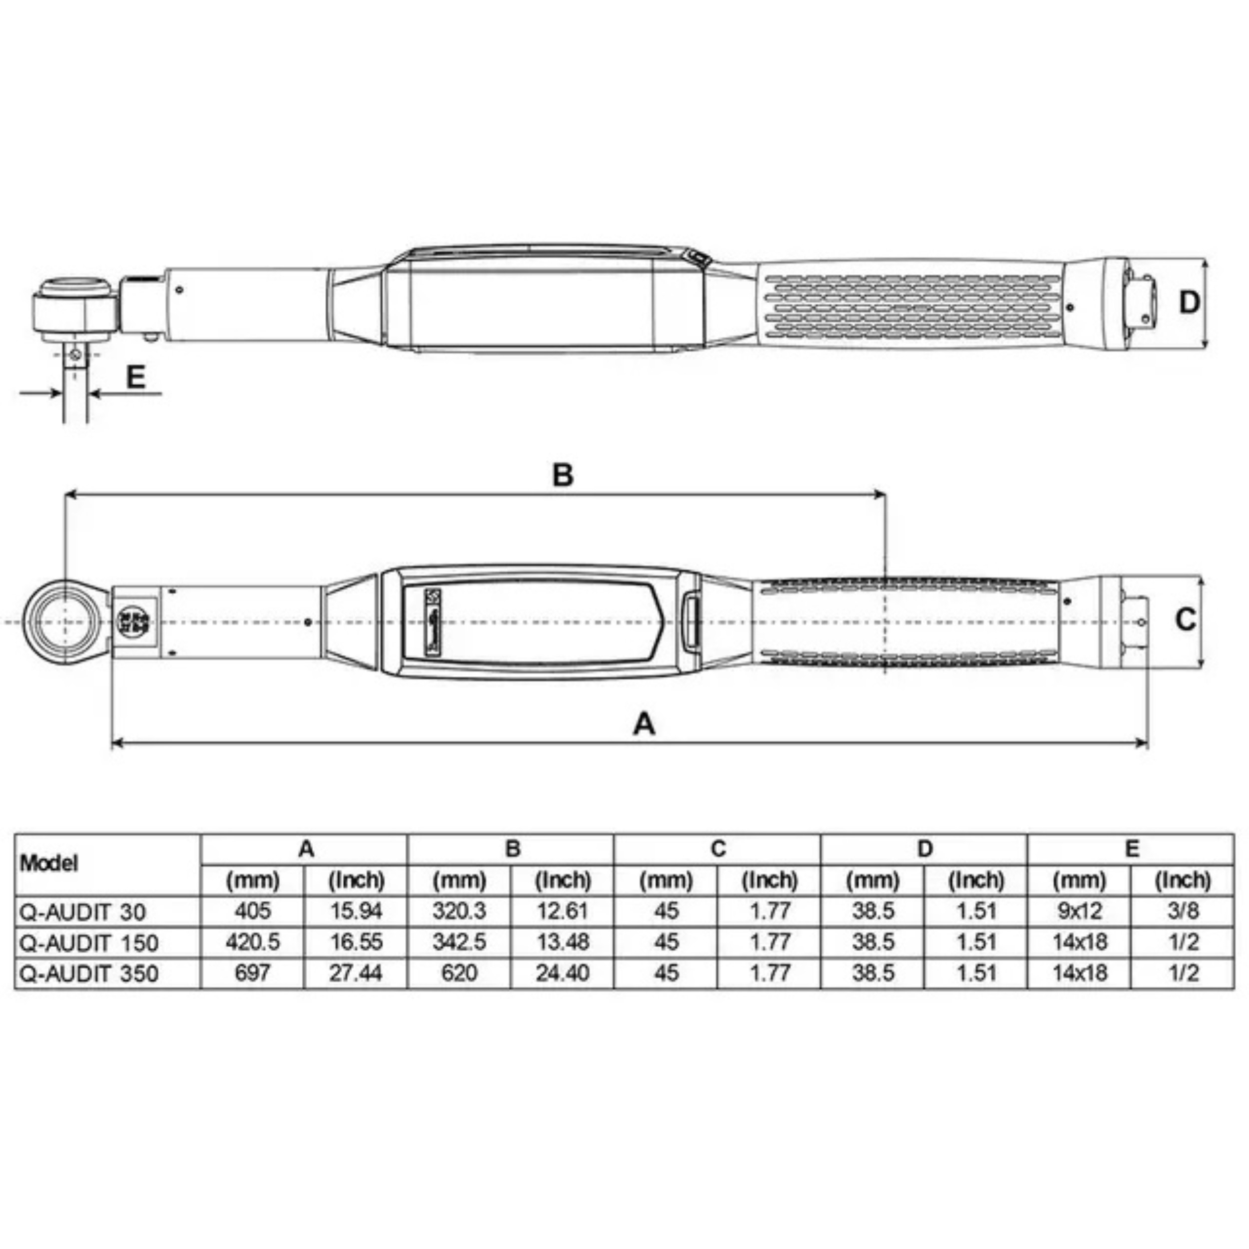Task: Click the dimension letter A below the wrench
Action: tap(644, 723)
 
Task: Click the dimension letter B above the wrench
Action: tap(563, 475)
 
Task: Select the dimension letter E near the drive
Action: tap(135, 377)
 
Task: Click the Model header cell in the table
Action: tap(49, 863)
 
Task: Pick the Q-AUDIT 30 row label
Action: tap(83, 912)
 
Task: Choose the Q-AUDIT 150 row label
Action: tap(89, 943)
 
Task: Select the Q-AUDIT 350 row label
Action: tap(89, 974)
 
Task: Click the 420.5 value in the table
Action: tap(252, 942)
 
